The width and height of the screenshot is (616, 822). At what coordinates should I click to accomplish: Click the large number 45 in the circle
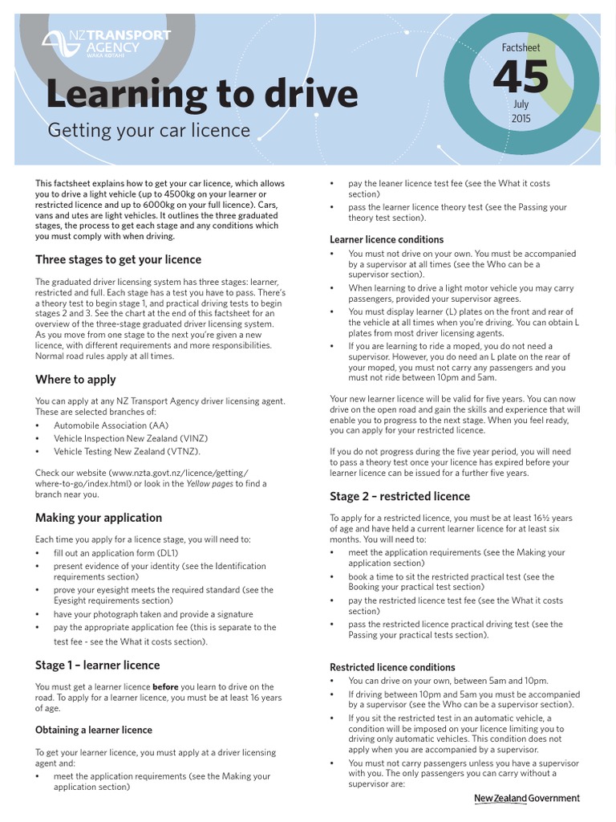521,78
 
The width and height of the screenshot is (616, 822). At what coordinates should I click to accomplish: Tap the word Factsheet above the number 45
521,48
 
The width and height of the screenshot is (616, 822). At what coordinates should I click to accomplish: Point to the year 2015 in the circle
521,119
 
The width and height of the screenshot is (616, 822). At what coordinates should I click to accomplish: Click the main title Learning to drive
201,94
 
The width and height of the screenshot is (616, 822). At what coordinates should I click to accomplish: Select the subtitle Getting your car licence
148,130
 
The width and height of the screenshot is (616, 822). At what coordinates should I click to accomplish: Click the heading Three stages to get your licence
118,259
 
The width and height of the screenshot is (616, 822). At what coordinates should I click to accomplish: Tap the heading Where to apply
75,379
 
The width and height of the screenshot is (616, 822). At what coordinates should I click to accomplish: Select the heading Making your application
98,518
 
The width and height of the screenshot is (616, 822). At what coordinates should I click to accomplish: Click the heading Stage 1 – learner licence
97,665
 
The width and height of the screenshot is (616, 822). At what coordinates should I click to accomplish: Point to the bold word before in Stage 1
165,687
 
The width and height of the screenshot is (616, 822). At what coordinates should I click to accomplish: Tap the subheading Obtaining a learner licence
93,730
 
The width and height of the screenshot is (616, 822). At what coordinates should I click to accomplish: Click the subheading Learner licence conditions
387,239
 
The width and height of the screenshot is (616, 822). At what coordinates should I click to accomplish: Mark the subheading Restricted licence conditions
392,667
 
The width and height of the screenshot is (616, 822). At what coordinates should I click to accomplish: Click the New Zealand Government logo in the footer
526,798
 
